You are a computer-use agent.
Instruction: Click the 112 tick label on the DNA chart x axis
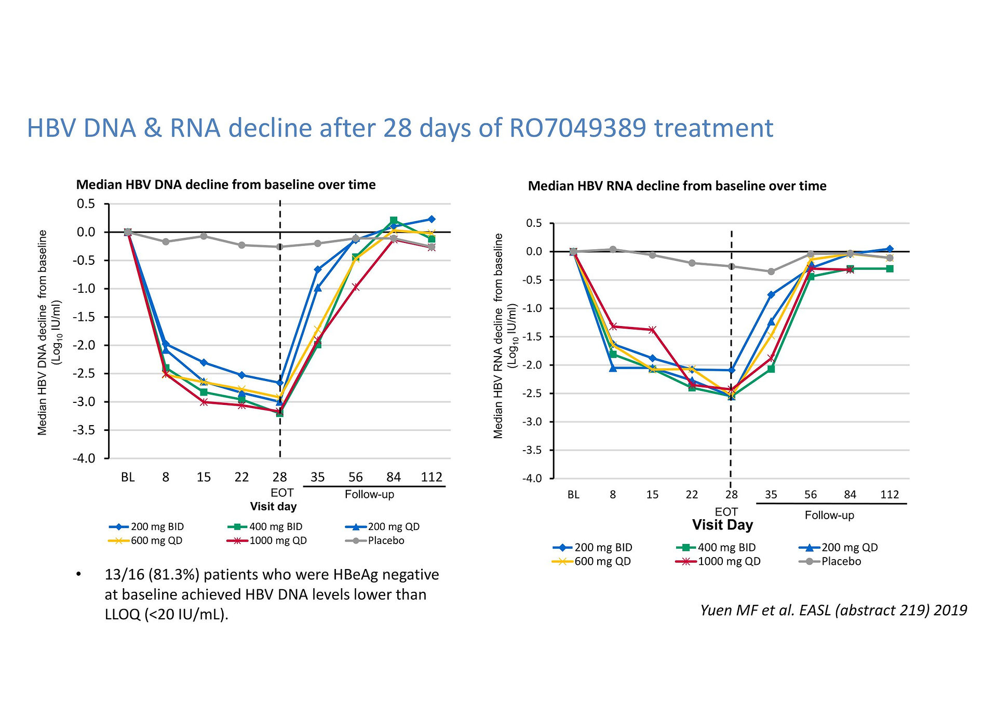tap(432, 477)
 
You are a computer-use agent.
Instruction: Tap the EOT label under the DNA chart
tap(282, 493)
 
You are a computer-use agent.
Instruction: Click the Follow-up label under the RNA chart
tap(829, 515)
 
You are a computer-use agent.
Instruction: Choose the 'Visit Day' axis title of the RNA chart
tap(722, 525)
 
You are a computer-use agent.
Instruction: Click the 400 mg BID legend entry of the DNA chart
tap(265, 526)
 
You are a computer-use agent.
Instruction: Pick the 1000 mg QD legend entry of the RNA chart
tap(718, 561)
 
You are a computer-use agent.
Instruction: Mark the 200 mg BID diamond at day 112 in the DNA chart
tap(432, 219)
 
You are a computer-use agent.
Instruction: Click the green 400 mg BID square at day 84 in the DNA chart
tap(394, 221)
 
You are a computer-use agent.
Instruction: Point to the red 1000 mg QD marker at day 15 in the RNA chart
tap(653, 330)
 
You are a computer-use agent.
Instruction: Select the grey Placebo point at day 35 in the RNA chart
tap(771, 272)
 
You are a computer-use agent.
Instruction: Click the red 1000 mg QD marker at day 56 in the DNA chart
tap(356, 287)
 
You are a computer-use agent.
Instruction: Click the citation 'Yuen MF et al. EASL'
tap(766, 610)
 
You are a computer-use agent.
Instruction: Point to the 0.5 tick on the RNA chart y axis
tap(534, 223)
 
